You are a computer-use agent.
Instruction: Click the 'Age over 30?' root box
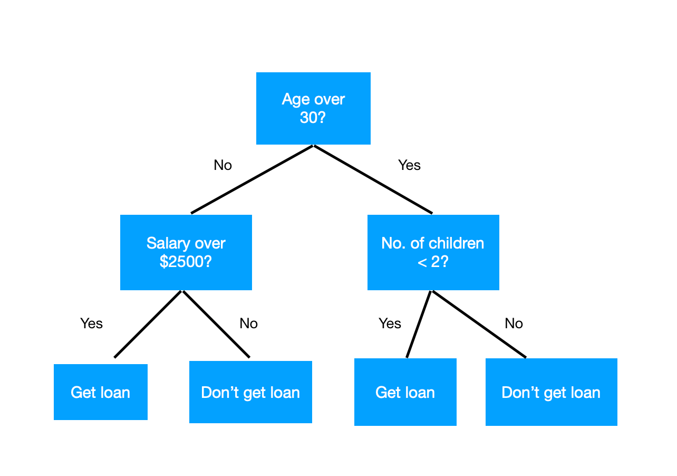coord(313,108)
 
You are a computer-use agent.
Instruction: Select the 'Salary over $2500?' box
coord(186,252)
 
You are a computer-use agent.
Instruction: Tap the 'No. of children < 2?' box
coord(433,252)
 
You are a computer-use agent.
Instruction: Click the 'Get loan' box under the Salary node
coord(100,392)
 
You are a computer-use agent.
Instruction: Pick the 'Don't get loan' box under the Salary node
coord(250,392)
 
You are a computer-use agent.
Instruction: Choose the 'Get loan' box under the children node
coord(405,392)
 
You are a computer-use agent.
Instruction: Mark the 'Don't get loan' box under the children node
coord(551,392)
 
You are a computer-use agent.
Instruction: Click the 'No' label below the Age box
coord(223,165)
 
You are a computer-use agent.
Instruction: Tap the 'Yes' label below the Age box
coord(409,165)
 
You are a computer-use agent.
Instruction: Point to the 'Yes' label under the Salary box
coord(91,323)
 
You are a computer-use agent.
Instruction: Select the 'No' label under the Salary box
coord(248,323)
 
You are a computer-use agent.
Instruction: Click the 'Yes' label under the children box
coord(390,323)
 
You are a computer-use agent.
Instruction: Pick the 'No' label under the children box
coord(514,323)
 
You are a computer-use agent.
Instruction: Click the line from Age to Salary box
coord(252,179)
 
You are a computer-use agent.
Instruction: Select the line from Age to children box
coord(373,179)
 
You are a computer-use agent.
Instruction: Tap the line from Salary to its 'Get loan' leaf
coord(148,324)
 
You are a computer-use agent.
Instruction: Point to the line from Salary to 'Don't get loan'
coord(216,324)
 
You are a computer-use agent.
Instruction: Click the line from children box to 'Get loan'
coord(419,324)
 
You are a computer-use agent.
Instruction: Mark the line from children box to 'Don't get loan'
coord(478,324)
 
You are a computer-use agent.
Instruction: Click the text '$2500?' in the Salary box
coord(186,261)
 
